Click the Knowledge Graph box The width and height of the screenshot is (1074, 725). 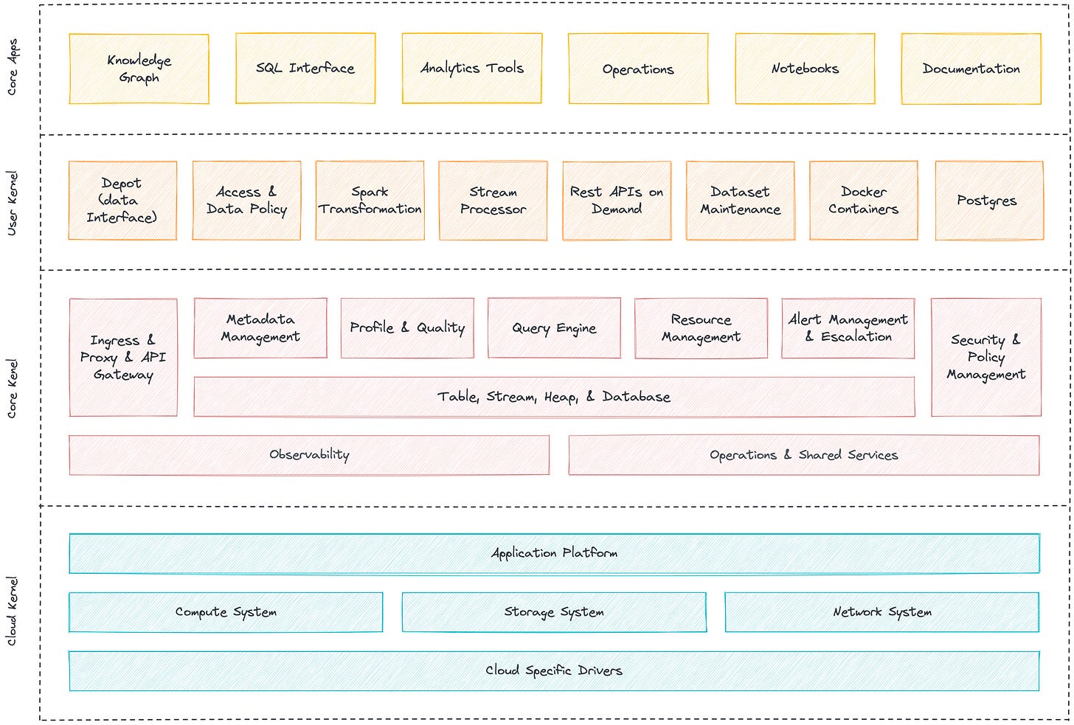(x=139, y=69)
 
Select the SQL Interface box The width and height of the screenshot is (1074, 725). (x=305, y=69)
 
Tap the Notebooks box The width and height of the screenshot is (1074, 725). (x=805, y=69)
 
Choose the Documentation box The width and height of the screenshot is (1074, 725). (x=971, y=69)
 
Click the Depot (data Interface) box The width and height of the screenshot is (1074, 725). (x=122, y=201)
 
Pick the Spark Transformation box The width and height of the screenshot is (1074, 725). (x=370, y=201)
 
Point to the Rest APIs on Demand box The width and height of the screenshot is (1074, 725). (x=617, y=201)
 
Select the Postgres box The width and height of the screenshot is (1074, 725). (x=988, y=201)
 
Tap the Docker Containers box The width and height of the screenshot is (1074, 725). (x=863, y=201)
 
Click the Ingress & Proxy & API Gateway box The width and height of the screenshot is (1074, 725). (x=123, y=358)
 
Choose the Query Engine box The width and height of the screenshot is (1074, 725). (x=554, y=328)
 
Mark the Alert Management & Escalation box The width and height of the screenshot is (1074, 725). (x=848, y=328)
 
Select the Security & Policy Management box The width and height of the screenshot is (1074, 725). (x=985, y=358)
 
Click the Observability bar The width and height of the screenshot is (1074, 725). (x=309, y=455)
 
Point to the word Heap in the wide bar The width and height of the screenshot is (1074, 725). (x=561, y=398)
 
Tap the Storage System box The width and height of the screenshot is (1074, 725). (x=554, y=612)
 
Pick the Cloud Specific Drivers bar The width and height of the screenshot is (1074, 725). (x=554, y=670)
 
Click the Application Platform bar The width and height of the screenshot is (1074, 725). (x=554, y=553)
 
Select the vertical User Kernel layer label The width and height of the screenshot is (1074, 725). (x=12, y=204)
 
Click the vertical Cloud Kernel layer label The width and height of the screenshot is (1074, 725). (x=12, y=611)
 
